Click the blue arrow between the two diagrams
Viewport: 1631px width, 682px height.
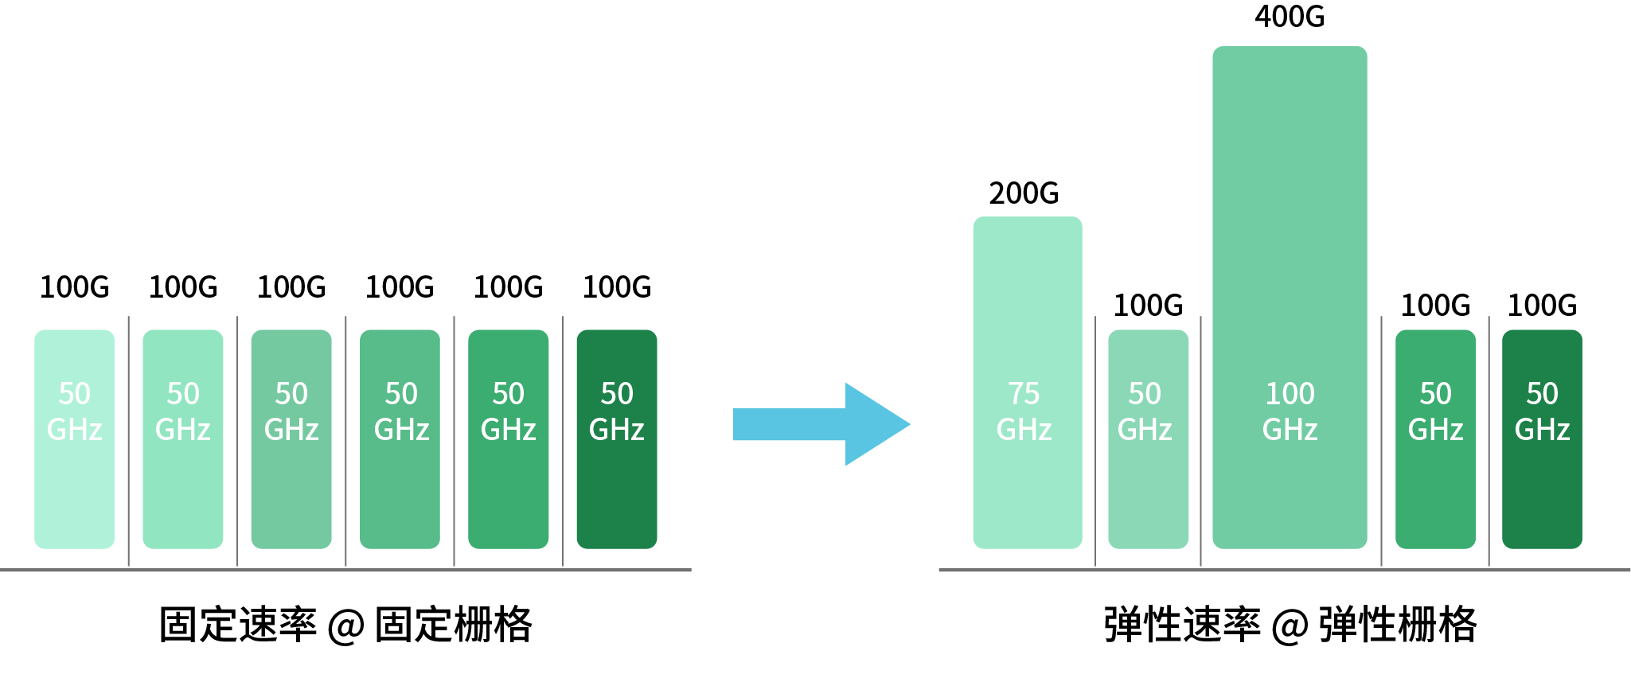point(820,424)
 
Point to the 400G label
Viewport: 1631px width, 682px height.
point(1290,17)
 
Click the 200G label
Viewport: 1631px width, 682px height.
point(1024,193)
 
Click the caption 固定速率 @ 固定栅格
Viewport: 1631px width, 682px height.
point(345,625)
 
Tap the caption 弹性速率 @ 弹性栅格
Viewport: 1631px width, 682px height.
point(1290,625)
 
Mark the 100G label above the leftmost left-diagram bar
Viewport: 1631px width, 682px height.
point(74,287)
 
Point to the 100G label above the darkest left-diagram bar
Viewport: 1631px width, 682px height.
point(617,287)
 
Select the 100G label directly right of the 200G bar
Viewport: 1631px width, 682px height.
point(1148,306)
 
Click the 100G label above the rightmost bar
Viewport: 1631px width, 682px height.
point(1542,306)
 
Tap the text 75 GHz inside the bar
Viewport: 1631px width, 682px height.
point(1024,411)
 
